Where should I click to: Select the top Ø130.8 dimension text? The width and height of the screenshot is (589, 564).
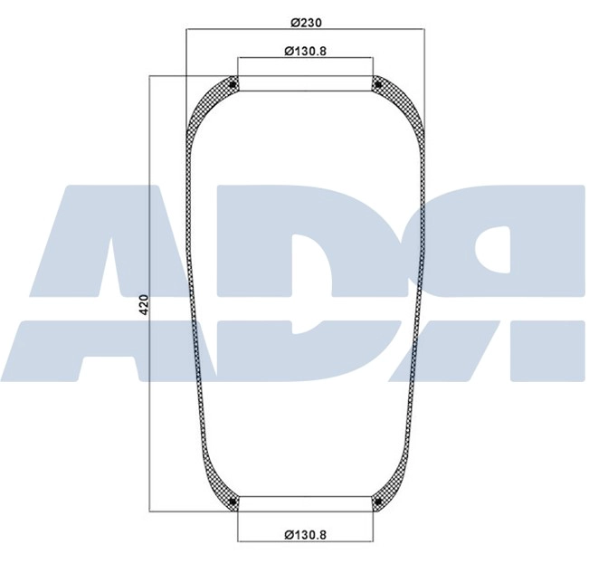pos(304,51)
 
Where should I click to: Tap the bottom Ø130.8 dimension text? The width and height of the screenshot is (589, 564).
pos(304,534)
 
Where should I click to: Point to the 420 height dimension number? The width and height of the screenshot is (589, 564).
pos(142,304)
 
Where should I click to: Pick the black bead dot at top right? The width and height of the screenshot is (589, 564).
pos(376,85)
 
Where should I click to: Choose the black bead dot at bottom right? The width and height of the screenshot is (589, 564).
pos(376,502)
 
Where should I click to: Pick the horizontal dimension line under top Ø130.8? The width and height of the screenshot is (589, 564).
pos(304,61)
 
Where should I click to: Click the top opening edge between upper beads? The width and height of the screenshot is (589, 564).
pos(304,91)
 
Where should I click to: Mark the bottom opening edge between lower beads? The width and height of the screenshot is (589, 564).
pos(304,497)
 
